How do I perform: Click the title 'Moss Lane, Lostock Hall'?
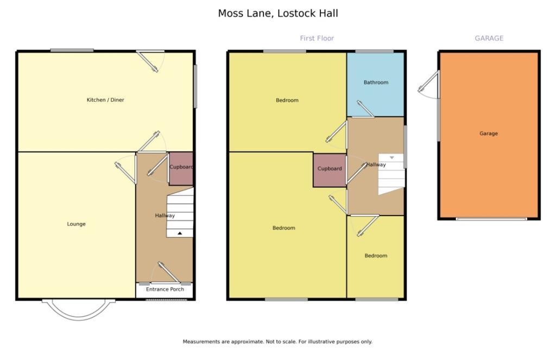click(278, 14)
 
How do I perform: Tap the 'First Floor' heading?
click(317, 39)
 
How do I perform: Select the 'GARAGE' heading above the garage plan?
click(489, 39)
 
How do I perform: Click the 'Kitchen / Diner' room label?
click(105, 100)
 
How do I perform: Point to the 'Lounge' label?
click(76, 224)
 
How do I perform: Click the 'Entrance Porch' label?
click(165, 289)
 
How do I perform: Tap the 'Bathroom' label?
click(376, 83)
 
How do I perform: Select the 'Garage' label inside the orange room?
click(489, 134)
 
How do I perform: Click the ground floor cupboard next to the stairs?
click(181, 169)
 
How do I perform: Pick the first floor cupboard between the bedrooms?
click(330, 170)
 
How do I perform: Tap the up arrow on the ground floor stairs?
click(180, 233)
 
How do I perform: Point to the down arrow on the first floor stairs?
click(392, 157)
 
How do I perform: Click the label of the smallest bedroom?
click(376, 256)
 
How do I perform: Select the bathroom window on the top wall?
click(375, 52)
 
